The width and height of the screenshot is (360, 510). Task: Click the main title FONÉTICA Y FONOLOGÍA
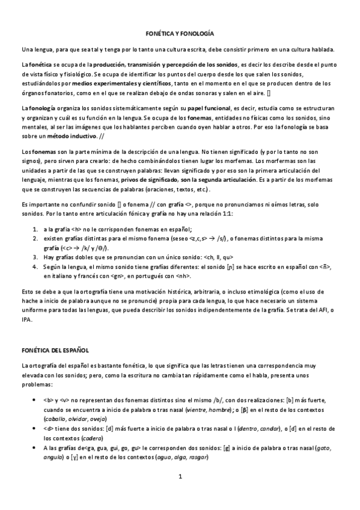180,34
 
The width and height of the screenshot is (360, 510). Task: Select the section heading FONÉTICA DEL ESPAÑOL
55,349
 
